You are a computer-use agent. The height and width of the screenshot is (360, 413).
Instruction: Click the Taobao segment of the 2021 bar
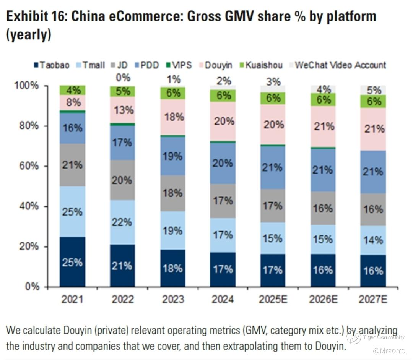72,262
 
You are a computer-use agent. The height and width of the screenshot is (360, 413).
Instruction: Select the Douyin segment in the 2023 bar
173,117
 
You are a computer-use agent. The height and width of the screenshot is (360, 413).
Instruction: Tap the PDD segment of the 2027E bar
374,172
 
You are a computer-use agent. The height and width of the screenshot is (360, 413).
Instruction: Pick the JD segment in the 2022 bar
123,180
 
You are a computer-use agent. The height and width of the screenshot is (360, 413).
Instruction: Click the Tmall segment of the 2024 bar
223,235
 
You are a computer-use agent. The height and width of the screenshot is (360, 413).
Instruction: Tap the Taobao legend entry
52,65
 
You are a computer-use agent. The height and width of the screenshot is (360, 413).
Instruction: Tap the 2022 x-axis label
122,299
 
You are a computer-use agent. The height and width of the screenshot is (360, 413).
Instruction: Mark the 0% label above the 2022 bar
123,78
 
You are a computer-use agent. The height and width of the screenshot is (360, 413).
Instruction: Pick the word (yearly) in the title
28,35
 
